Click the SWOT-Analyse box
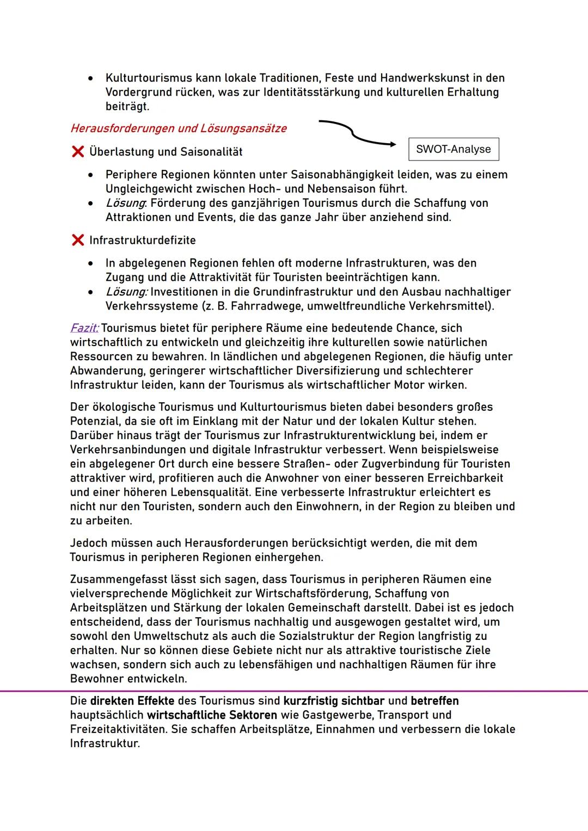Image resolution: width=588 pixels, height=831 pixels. [453, 149]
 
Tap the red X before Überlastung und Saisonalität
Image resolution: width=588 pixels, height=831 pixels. [77, 152]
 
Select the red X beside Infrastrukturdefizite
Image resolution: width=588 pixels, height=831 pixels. [77, 240]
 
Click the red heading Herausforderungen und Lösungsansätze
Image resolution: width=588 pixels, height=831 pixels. [178, 128]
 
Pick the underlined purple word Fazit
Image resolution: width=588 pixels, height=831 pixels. [84, 328]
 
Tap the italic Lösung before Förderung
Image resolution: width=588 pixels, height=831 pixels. [125, 203]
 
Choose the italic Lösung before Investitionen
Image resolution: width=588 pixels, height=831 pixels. [126, 292]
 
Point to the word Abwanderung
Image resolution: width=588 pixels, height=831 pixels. [105, 371]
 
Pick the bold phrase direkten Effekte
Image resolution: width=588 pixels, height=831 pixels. [132, 701]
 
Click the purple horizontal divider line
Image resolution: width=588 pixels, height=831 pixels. [294, 691]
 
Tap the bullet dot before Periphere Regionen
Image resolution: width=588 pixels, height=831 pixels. [91, 175]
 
